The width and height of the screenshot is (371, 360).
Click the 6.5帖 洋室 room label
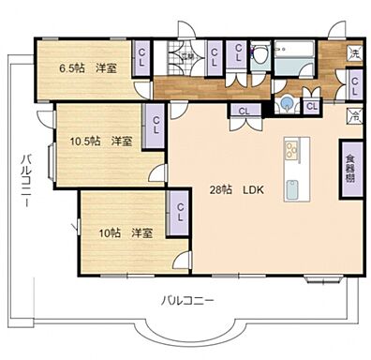tap(89, 68)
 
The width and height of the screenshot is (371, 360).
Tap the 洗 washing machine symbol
tap(354, 52)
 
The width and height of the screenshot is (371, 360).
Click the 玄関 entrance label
tap(188, 56)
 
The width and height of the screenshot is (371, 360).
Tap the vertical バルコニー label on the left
tap(29, 177)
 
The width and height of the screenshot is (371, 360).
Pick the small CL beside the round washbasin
tap(311, 106)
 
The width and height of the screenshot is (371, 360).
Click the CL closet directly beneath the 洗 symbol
tap(355, 83)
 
